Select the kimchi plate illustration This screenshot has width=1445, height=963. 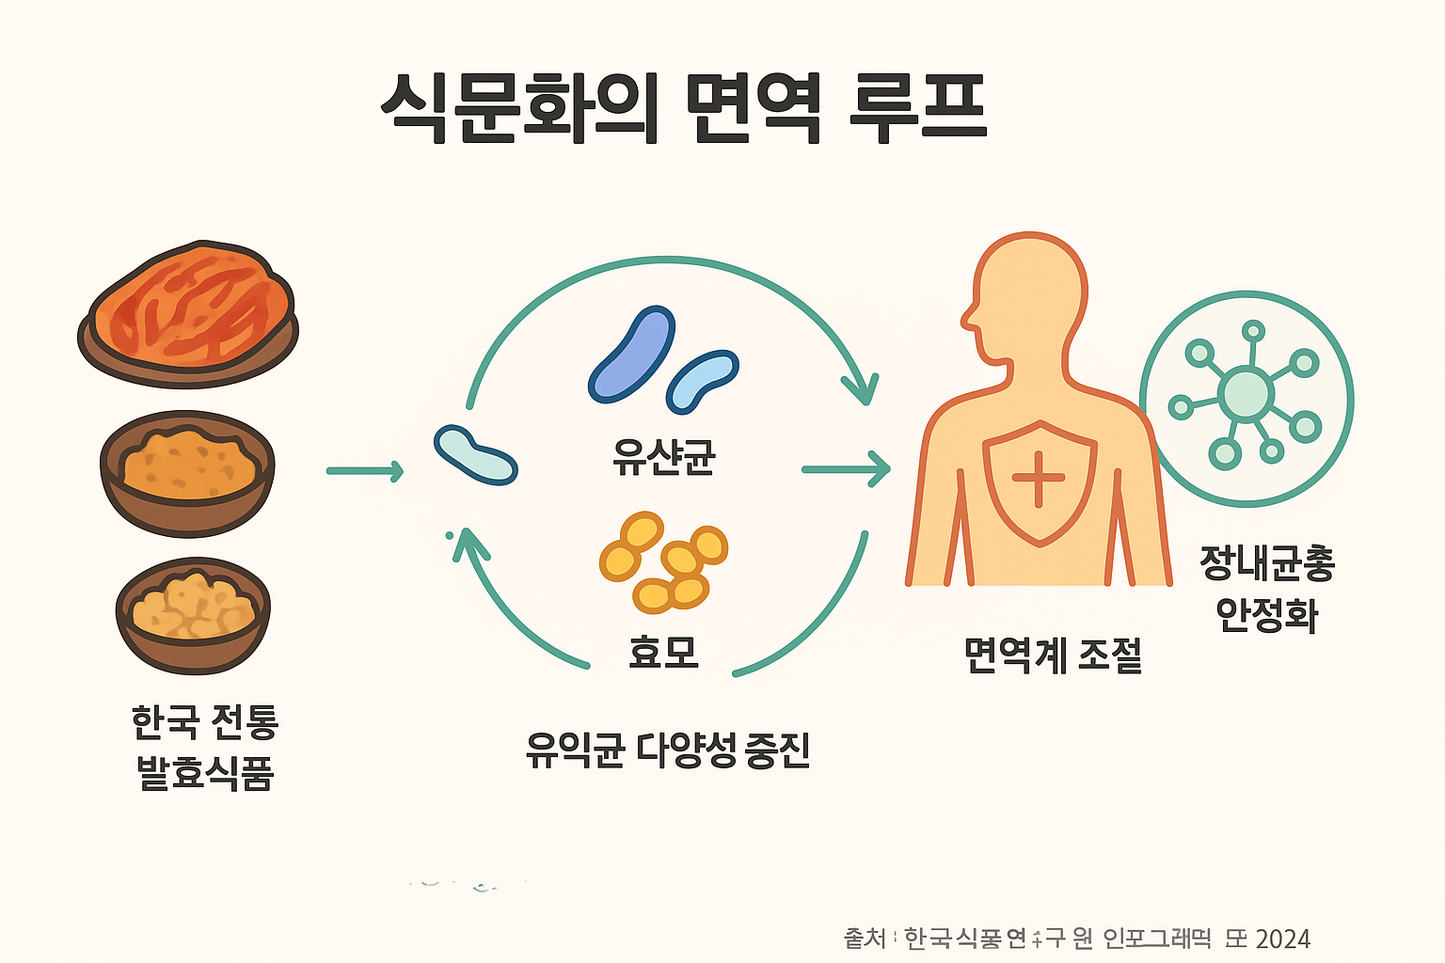188,314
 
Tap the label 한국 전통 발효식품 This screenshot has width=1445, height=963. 205,748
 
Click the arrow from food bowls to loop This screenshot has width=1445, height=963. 365,470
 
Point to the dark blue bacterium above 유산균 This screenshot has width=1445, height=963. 631,354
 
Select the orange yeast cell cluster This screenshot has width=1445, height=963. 663,561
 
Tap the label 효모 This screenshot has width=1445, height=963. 663,651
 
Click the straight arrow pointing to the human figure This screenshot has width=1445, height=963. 846,468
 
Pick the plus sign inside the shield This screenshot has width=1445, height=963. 1039,478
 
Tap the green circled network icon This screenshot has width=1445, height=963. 1247,399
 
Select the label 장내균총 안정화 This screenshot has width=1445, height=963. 1267,589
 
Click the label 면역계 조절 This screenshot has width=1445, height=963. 1053,655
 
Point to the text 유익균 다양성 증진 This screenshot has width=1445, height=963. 668,750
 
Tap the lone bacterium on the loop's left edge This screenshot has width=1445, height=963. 475,455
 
